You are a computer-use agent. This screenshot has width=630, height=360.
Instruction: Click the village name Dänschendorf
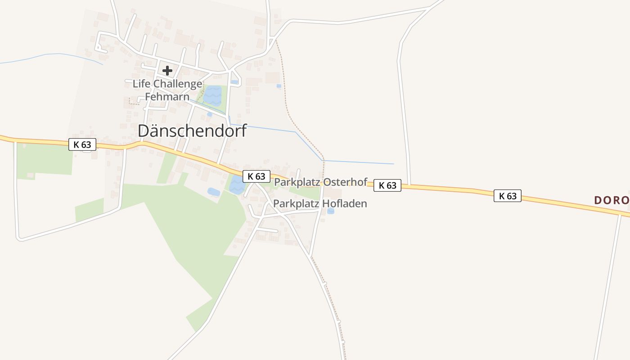192,131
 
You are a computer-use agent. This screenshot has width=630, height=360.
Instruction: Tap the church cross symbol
167,71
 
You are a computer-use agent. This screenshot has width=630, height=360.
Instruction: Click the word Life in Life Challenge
142,84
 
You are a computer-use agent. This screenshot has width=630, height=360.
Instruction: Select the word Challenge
178,84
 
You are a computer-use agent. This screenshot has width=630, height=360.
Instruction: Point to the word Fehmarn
167,97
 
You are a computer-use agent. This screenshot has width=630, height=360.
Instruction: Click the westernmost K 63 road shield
82,144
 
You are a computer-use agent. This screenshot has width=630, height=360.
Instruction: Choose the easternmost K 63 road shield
508,196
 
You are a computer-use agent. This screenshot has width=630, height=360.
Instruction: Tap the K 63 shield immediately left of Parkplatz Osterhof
256,176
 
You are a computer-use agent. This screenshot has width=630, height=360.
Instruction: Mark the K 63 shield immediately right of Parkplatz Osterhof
387,185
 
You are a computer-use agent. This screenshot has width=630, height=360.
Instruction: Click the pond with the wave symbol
212,95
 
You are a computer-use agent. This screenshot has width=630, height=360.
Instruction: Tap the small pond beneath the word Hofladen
331,211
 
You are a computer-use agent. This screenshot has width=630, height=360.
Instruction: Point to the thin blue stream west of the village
54,55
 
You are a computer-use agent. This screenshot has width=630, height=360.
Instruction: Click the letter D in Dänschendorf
144,131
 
